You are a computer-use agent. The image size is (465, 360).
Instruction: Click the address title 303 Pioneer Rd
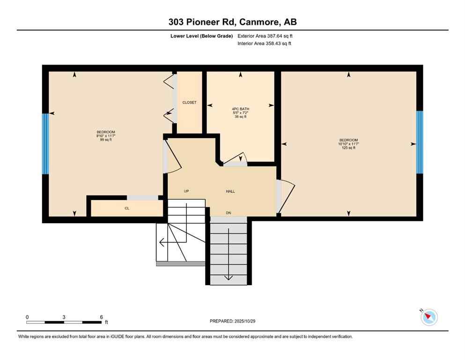tap(232, 22)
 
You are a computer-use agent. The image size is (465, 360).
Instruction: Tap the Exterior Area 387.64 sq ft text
tap(266, 36)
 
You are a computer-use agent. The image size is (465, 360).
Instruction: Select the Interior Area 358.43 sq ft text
tap(265, 44)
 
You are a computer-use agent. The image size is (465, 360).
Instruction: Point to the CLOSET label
tap(189, 102)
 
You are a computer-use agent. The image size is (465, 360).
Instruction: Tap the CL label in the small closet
tap(126, 208)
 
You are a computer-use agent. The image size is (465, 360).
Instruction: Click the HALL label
tap(230, 191)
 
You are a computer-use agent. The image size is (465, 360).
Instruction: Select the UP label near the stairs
tap(186, 191)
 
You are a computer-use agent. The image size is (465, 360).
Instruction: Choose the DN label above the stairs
tap(229, 213)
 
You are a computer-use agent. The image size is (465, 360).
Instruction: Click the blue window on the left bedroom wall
tap(45, 143)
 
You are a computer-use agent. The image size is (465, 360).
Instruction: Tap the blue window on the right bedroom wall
tap(420, 142)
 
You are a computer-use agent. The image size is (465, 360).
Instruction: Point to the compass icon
tap(429, 317)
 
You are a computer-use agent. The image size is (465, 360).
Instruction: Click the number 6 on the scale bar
tap(102, 317)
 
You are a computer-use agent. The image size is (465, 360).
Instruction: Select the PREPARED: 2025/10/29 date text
tap(233, 321)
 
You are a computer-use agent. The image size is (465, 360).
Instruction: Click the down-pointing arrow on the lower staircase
tap(228, 277)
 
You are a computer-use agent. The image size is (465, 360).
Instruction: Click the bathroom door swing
tap(236, 159)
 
